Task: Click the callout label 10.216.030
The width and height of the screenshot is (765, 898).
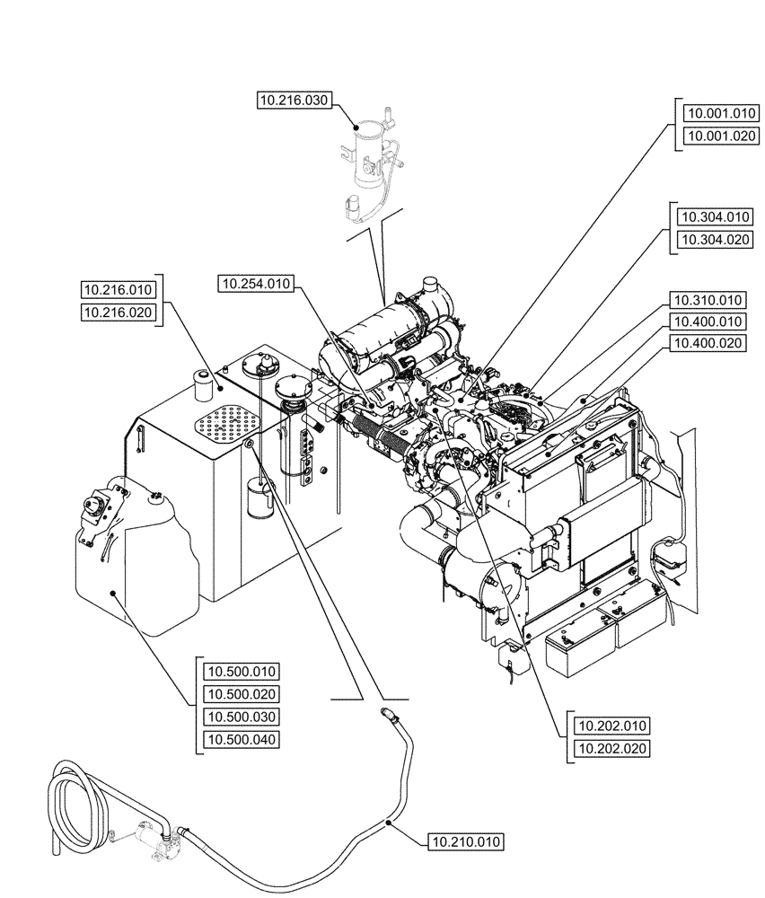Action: pyautogui.click(x=294, y=102)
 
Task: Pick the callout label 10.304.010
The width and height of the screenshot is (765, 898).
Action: pyautogui.click(x=715, y=216)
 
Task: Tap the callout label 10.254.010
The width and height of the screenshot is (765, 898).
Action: pyautogui.click(x=255, y=284)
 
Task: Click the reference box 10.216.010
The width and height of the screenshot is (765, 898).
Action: pyautogui.click(x=119, y=289)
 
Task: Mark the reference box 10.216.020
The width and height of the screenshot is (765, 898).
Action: pyautogui.click(x=119, y=312)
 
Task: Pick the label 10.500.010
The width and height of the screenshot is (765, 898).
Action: pyautogui.click(x=242, y=672)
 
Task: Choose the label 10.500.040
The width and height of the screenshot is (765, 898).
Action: pyautogui.click(x=242, y=739)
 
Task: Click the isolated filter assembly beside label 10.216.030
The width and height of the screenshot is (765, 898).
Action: pyautogui.click(x=368, y=162)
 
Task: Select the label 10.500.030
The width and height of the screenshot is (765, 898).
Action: pyautogui.click(x=242, y=717)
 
